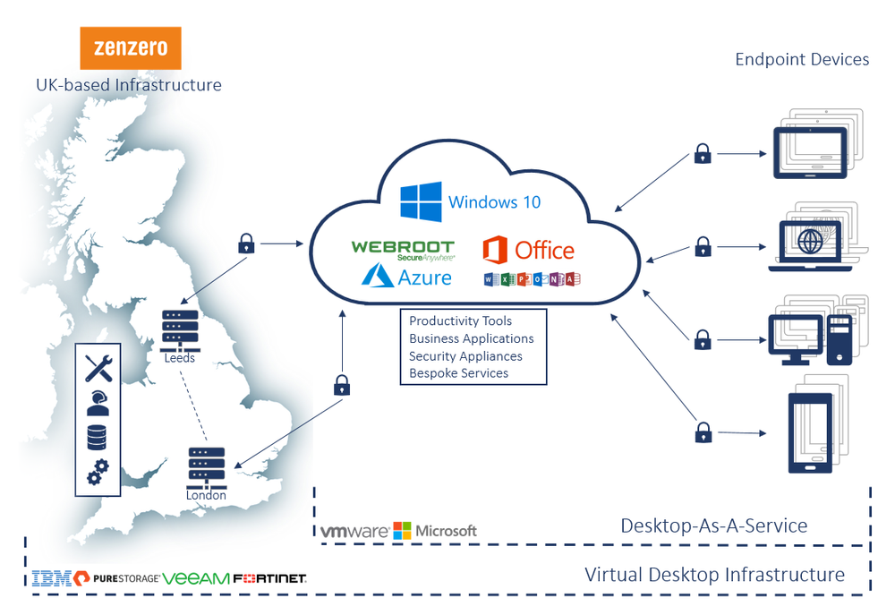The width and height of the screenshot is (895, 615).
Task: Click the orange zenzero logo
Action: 130,48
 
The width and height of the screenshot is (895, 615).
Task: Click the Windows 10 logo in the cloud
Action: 422,201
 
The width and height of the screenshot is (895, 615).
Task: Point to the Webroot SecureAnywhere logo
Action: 403,249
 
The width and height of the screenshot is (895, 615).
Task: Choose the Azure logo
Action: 407,277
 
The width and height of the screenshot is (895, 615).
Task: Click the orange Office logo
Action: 528,250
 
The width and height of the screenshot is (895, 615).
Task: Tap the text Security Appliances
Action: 465,356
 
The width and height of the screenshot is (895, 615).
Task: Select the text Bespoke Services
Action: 458,373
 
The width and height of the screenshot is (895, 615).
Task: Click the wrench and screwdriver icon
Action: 98,368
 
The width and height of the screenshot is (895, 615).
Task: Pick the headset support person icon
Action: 98,402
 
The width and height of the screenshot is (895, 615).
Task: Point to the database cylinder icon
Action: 98,437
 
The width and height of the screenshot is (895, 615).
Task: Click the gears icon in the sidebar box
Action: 98,471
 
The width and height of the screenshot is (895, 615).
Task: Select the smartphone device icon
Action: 809,431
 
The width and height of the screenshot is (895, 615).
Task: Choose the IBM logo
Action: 50,578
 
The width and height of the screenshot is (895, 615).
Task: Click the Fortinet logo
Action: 269,579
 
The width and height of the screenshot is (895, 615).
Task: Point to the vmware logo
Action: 354,531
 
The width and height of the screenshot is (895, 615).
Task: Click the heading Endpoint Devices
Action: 802,60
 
